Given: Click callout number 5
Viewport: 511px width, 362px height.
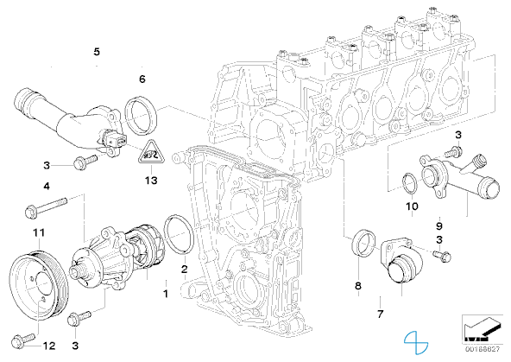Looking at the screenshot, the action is pos(97,52).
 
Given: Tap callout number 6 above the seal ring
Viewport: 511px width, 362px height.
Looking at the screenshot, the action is pos(142,79).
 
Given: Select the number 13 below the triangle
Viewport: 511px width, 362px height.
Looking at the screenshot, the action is pos(151,181).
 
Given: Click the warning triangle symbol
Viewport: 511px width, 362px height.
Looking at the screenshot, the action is pos(151,152).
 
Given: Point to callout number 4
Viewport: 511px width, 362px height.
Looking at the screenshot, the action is pos(47,187).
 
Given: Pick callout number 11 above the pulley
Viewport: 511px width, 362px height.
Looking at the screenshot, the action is pos(39,233).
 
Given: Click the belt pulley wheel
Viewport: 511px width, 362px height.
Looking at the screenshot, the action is pos(39,283).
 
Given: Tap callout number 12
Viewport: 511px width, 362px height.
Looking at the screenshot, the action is pos(49,346).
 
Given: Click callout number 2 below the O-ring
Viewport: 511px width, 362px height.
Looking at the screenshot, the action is pos(185,269).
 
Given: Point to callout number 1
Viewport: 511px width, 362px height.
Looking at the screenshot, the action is pos(166,294).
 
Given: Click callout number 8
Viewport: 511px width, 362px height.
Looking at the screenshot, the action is pos(358,286).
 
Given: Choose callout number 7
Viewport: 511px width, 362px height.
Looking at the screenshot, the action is pos(380,314).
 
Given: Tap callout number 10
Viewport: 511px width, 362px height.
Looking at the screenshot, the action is pos(412,206).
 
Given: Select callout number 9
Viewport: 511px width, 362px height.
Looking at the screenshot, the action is pos(439,225).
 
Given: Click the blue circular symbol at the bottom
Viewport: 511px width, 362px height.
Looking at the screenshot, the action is pos(416,342).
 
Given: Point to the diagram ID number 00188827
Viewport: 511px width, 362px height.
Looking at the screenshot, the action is pos(483,349).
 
